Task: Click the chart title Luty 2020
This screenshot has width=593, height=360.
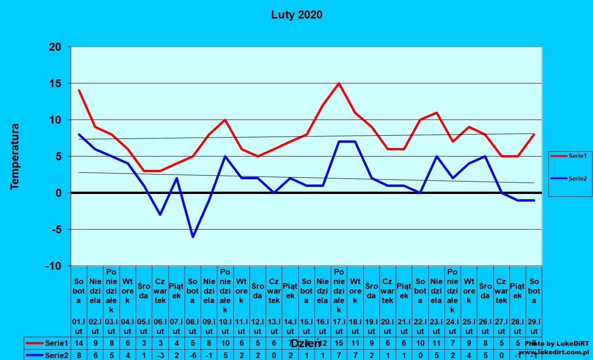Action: coord(296,15)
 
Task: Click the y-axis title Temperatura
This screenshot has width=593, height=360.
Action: coord(15,157)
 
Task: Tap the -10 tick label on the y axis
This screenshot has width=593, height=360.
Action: coord(54,266)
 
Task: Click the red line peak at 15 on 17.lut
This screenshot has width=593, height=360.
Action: coord(339,83)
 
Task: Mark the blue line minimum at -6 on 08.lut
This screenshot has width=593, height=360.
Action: coord(193,237)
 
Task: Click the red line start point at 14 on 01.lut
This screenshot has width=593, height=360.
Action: coord(79,91)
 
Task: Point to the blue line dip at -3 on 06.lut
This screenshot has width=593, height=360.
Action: coord(160,214)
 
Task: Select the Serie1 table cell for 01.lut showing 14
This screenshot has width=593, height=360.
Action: coord(79,342)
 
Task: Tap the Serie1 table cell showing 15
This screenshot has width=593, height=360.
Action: coord(339,342)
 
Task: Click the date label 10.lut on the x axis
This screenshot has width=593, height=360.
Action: coord(225,327)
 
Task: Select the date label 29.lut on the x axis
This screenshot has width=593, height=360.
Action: coord(534,327)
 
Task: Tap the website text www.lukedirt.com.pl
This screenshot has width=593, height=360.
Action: coord(554,352)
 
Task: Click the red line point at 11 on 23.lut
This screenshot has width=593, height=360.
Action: coord(436,112)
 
